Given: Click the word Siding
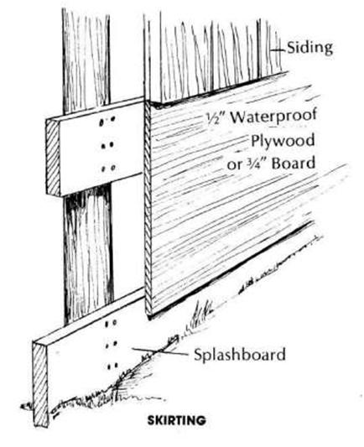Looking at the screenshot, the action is click(x=309, y=48).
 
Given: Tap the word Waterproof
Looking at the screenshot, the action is click(x=273, y=116).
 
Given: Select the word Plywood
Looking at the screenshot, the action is click(x=283, y=141).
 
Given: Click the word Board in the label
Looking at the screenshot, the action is click(x=294, y=164).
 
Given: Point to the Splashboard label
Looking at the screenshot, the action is click(x=239, y=355).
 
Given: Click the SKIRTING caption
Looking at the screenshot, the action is click(x=176, y=420).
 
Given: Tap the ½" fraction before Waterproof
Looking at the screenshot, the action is click(x=216, y=117).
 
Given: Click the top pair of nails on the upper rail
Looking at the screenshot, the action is click(x=107, y=121).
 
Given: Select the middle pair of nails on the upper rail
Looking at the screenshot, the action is click(x=107, y=145).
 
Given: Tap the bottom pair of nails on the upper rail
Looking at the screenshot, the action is click(x=108, y=169).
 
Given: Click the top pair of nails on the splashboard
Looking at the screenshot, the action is click(x=112, y=323).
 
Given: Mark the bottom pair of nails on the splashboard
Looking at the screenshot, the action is click(x=112, y=366).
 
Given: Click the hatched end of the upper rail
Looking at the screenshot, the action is click(x=53, y=158).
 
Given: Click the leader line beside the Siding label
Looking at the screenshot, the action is click(x=278, y=50).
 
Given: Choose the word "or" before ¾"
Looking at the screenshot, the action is click(x=235, y=165).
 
